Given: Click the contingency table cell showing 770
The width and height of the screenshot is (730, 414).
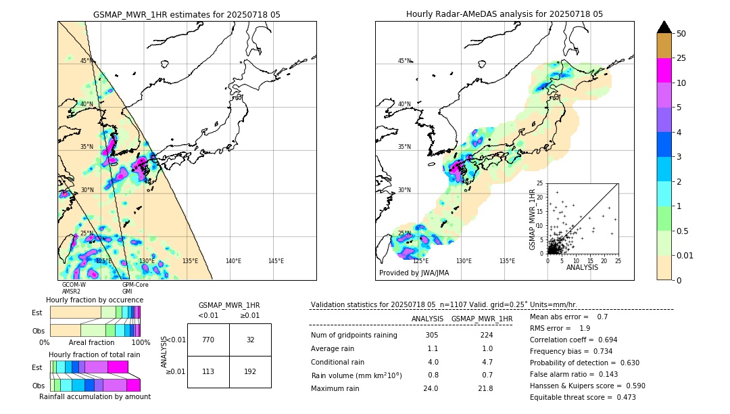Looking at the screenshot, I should click(x=208, y=340).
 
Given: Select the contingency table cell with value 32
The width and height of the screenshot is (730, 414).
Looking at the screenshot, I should click(x=250, y=340).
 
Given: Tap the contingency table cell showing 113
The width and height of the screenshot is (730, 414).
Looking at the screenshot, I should click(x=208, y=371).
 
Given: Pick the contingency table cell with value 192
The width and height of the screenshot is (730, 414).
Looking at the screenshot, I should click(x=250, y=371).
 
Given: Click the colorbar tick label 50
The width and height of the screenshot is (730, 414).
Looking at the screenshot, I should click(x=681, y=34).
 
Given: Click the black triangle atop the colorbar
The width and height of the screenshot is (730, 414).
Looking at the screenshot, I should click(x=664, y=27).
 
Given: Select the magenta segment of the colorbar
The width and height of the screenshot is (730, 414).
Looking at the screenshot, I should click(x=664, y=70).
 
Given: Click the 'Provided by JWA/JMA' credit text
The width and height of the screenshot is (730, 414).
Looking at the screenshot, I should click(x=414, y=273).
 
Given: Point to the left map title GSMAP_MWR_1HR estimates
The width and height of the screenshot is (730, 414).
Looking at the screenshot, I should click(x=187, y=14).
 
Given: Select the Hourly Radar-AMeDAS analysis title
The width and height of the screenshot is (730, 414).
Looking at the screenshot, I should click(x=504, y=14).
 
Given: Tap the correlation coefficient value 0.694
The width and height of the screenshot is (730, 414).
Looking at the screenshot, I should click(x=603, y=340).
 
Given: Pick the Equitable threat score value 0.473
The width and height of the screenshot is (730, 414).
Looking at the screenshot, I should click(x=620, y=398).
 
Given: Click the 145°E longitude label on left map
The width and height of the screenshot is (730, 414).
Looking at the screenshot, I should click(x=276, y=261).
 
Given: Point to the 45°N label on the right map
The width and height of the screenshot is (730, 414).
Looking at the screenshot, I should click(x=404, y=62).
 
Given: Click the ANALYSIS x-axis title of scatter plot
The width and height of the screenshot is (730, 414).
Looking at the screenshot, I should click(x=581, y=267).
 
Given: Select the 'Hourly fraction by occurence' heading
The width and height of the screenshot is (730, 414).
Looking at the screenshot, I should click(x=95, y=300).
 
